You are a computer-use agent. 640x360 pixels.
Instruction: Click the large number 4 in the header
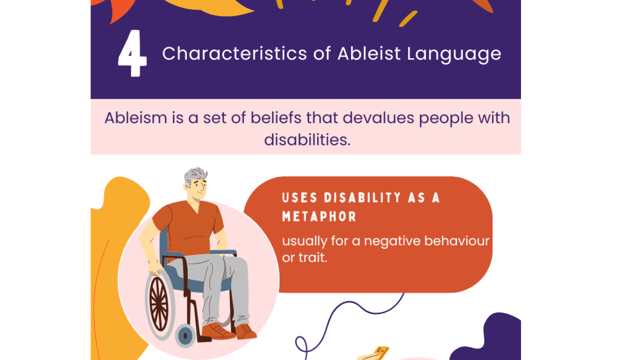(x=132, y=54)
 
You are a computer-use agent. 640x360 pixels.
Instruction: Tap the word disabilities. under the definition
(x=307, y=139)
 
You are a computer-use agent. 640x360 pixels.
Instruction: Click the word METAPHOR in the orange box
(x=319, y=216)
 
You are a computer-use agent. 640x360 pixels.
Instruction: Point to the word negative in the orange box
(x=392, y=241)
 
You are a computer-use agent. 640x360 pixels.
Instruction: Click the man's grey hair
(x=195, y=175)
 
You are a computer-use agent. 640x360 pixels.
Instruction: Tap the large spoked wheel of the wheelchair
(x=159, y=303)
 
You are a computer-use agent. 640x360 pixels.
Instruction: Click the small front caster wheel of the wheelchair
(x=185, y=335)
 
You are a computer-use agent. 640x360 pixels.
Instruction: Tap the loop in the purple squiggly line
(x=301, y=345)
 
